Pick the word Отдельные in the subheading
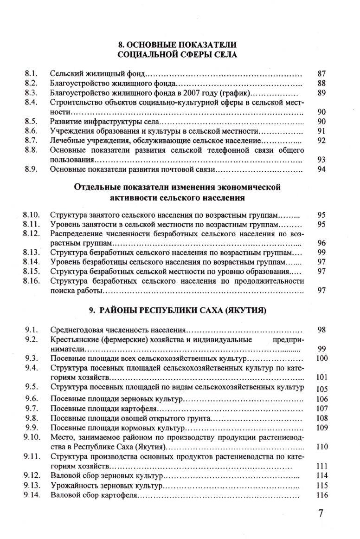point(95,188)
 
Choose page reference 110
point(322,447)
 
